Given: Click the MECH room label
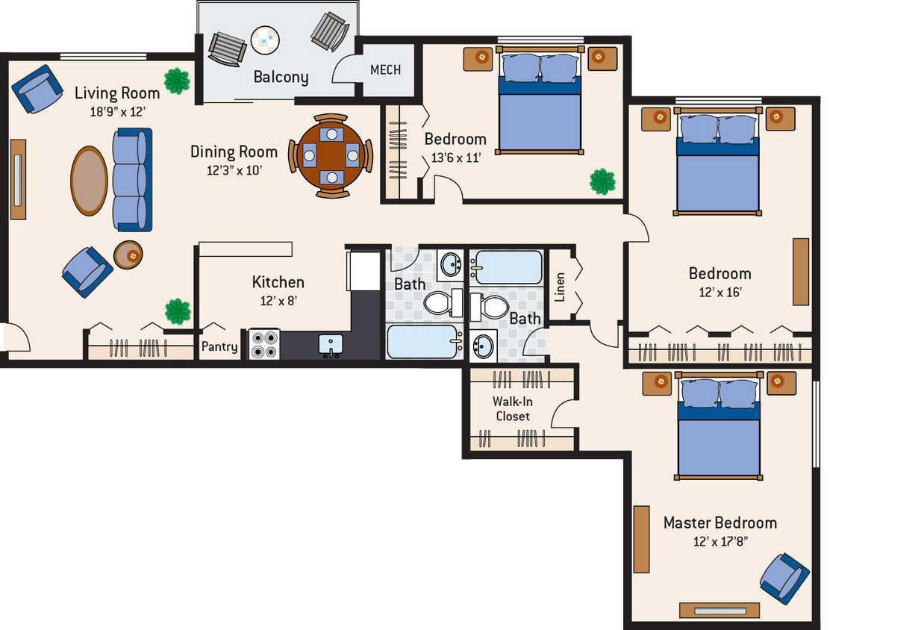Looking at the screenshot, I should (x=385, y=69).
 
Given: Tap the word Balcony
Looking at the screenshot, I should (x=281, y=77).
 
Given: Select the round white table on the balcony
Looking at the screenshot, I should (x=265, y=40).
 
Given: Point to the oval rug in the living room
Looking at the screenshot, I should (x=89, y=181).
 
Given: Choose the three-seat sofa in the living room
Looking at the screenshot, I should (x=132, y=179).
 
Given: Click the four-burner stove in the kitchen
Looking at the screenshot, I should (x=263, y=345).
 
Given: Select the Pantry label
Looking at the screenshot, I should (x=219, y=346).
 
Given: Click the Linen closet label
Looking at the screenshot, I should (x=560, y=287).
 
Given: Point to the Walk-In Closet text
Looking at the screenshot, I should (x=512, y=408).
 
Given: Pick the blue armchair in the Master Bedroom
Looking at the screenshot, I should (x=784, y=578).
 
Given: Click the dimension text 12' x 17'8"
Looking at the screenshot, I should (x=720, y=541).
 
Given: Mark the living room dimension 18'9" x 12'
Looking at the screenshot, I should (x=116, y=112).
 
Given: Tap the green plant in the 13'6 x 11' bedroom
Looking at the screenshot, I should (x=602, y=181).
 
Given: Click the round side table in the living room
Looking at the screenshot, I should (x=128, y=255).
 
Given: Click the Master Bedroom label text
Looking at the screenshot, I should (x=720, y=523).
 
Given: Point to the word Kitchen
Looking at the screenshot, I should (x=278, y=282).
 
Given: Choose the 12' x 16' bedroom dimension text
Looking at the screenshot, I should (x=719, y=292).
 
